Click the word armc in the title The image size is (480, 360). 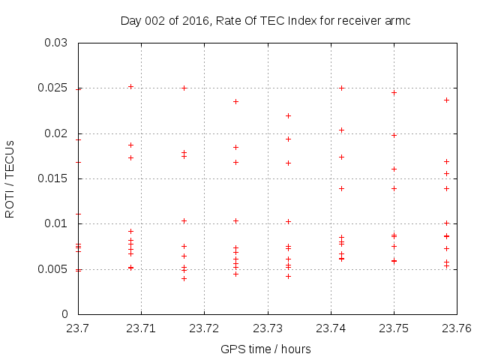[x=397, y=21]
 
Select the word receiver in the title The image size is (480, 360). [x=356, y=21]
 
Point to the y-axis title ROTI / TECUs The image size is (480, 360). [x=10, y=178]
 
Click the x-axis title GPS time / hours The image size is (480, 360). [x=265, y=349]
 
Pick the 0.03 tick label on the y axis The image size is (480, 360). [x=56, y=43]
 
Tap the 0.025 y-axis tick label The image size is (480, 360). [x=53, y=88]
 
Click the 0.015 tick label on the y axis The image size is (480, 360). [x=53, y=178]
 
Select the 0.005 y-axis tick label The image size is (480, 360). [x=53, y=268]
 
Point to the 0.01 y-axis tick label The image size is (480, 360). [x=56, y=223]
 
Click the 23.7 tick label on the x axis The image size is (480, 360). [x=78, y=328]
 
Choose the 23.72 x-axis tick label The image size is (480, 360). [x=204, y=328]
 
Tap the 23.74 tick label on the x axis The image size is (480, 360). [x=330, y=328]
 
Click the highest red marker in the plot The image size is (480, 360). [x=130, y=86]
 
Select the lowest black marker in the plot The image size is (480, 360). [x=184, y=278]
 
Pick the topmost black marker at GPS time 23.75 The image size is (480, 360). [x=394, y=92]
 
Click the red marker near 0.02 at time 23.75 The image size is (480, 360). [x=394, y=135]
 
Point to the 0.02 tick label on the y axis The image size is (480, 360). [x=56, y=133]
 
